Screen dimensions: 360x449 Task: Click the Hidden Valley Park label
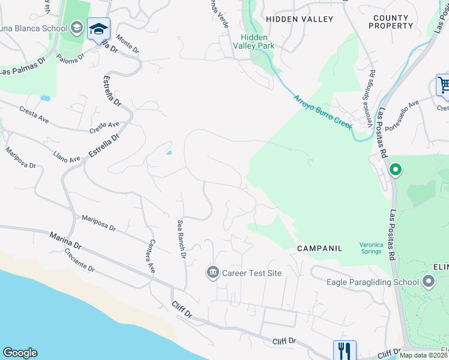pos(254,41)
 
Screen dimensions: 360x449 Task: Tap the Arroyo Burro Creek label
pos(321,111)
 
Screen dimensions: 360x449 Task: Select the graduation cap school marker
pos(98,29)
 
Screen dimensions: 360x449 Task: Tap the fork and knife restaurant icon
pos(345,350)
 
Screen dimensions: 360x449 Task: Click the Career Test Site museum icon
pos(212,273)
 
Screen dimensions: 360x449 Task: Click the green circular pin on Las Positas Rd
pos(395,170)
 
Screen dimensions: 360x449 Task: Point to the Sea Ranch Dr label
pos(181,239)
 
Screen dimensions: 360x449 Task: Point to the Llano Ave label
pos(67,157)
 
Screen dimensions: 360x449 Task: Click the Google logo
pos(20,353)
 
